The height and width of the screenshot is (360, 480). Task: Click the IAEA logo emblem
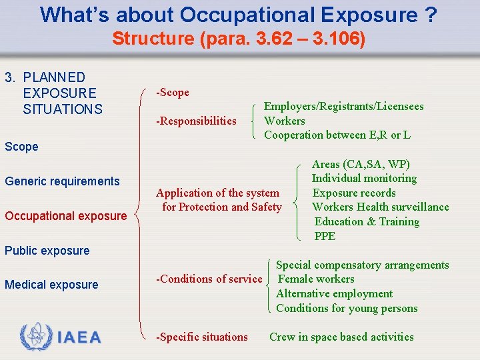click(35, 337)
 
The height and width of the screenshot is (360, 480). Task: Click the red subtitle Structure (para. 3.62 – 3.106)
click(239, 39)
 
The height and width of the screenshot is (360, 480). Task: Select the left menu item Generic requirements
click(62, 181)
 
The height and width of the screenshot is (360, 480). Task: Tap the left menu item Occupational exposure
click(65, 216)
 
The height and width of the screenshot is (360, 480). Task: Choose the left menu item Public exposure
click(47, 251)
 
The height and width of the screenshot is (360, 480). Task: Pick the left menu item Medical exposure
click(51, 285)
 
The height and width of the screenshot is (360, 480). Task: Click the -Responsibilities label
click(196, 121)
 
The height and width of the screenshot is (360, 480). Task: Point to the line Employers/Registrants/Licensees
click(343, 106)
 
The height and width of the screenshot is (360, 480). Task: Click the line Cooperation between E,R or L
click(337, 135)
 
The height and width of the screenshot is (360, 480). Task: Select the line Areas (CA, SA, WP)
click(361, 164)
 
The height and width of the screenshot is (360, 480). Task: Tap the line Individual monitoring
click(364, 178)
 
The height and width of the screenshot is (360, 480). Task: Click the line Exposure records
click(354, 193)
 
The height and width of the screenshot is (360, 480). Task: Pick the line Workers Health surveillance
click(380, 207)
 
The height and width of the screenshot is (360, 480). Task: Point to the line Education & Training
click(367, 221)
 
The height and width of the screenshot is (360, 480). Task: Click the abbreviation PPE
click(325, 236)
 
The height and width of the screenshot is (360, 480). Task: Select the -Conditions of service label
click(209, 279)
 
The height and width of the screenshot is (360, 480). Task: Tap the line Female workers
click(315, 279)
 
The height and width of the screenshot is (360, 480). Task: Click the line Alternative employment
click(334, 293)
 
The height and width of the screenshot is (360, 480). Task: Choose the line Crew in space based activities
click(341, 337)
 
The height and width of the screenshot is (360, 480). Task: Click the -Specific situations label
click(201, 337)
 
